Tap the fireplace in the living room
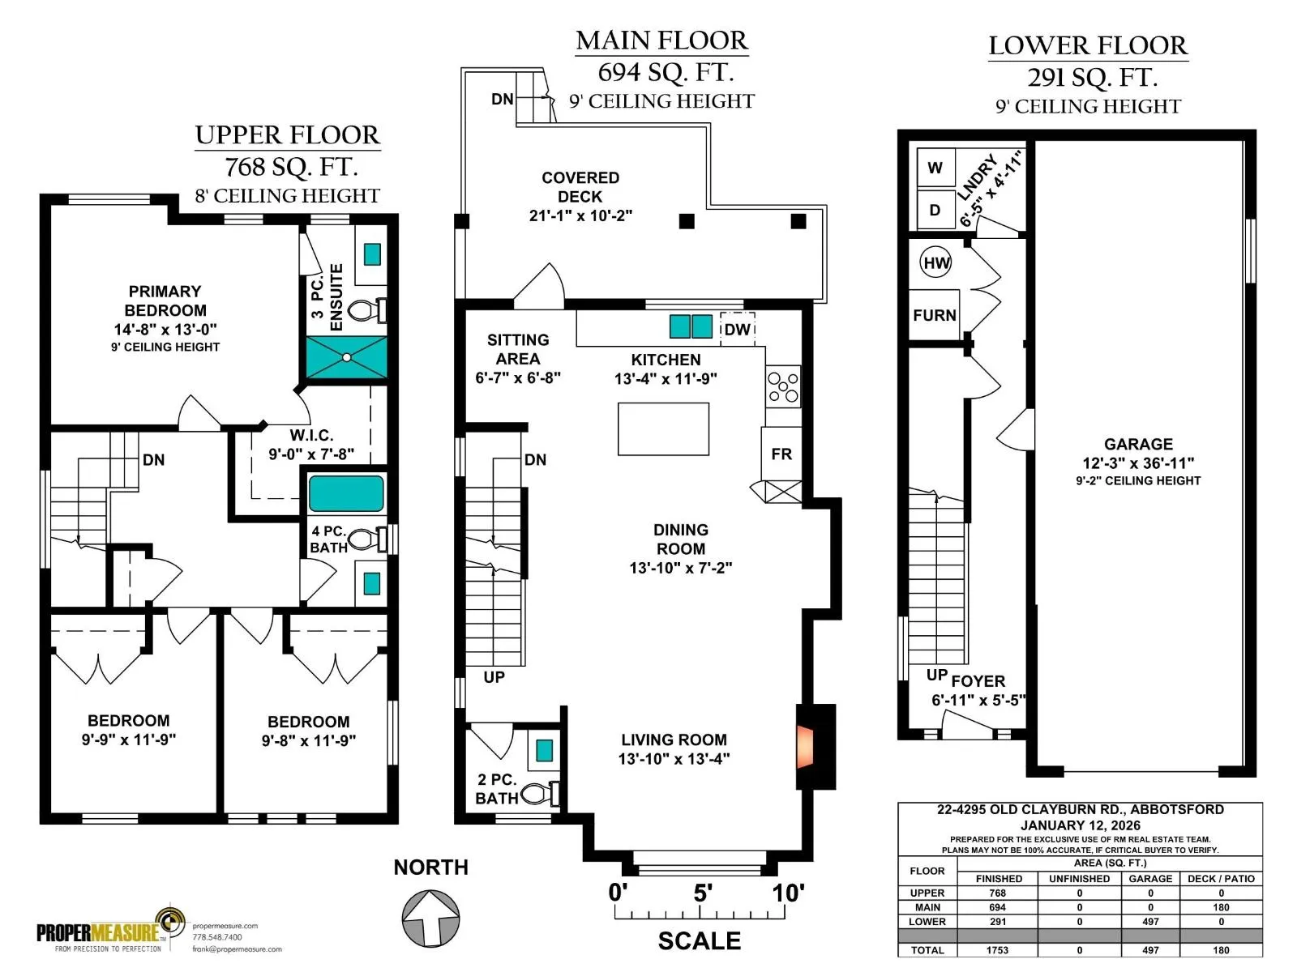pyautogui.click(x=805, y=747)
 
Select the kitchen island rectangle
pyautogui.click(x=663, y=429)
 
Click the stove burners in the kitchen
pyautogui.click(x=783, y=386)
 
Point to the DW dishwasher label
pyautogui.click(x=737, y=330)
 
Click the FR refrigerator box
pyautogui.click(x=781, y=454)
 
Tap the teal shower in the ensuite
pyautogui.click(x=346, y=357)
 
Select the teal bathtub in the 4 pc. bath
pyautogui.click(x=346, y=493)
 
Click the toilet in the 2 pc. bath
pyautogui.click(x=540, y=793)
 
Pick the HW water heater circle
pyautogui.click(x=936, y=262)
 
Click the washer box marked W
pyautogui.click(x=935, y=168)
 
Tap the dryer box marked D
pyautogui.click(x=935, y=210)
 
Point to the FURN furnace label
pyautogui.click(x=934, y=315)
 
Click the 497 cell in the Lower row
pyautogui.click(x=1149, y=921)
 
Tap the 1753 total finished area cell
pyautogui.click(x=998, y=950)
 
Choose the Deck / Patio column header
pyautogui.click(x=1221, y=879)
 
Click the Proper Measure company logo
pyautogui.click(x=110, y=929)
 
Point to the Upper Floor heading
pyautogui.click(x=287, y=135)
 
